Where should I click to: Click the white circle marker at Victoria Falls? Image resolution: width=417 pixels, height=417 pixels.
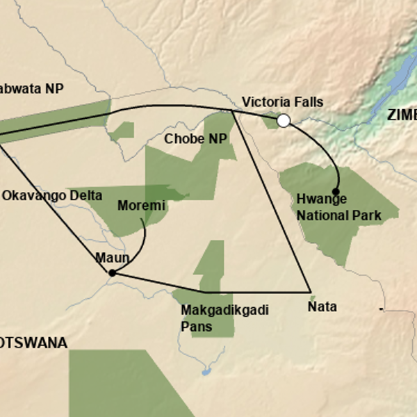pyautogui.click(x=284, y=121)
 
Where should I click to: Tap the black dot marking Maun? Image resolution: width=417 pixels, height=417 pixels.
pyautogui.click(x=112, y=273)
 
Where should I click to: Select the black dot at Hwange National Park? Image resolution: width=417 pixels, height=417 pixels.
pyautogui.click(x=336, y=191)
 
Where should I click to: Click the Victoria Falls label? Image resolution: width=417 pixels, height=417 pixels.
pyautogui.click(x=282, y=102)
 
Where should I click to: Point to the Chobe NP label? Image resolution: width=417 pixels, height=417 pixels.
pyautogui.click(x=195, y=139)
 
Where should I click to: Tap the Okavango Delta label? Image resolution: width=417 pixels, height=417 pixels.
pyautogui.click(x=51, y=196)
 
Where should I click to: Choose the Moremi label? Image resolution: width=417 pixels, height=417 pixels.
pyautogui.click(x=142, y=206)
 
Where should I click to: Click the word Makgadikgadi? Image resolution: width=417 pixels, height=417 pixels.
pyautogui.click(x=215, y=310)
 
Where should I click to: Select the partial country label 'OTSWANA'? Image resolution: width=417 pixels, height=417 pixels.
pyautogui.click(x=33, y=343)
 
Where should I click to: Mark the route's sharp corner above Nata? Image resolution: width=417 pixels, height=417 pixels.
pyautogui.click(x=309, y=291)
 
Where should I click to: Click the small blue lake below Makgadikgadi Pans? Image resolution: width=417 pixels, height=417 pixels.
pyautogui.click(x=206, y=372)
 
